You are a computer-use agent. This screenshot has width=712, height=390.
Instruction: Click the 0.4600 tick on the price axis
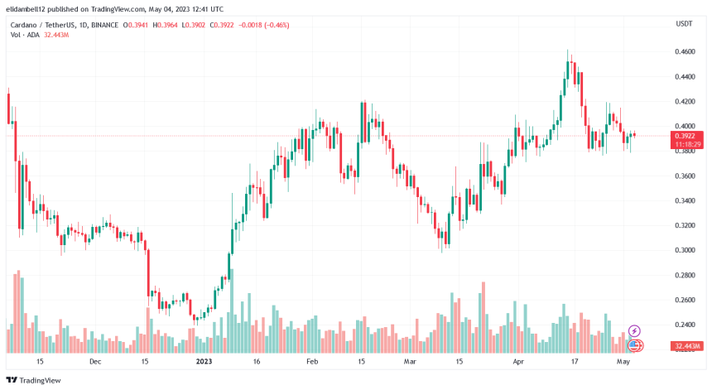pos(685,51)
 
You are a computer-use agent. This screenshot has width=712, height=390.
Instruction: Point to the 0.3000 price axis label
pos(685,250)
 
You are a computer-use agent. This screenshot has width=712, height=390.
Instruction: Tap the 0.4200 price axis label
pos(685,101)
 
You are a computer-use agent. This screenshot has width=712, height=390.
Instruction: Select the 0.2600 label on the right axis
pos(685,300)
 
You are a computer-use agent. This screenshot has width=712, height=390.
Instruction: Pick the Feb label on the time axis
pos(313,362)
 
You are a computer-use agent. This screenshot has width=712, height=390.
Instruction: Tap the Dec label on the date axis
pos(95,362)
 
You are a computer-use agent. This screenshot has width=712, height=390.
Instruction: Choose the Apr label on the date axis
pos(518,362)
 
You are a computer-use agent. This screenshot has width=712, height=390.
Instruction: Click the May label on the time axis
pos(623,362)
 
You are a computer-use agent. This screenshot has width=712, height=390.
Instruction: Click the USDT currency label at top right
pos(684,24)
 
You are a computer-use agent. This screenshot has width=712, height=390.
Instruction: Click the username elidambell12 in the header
pos(32,8)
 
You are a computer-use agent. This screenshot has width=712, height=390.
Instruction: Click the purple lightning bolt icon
pos(635,331)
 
